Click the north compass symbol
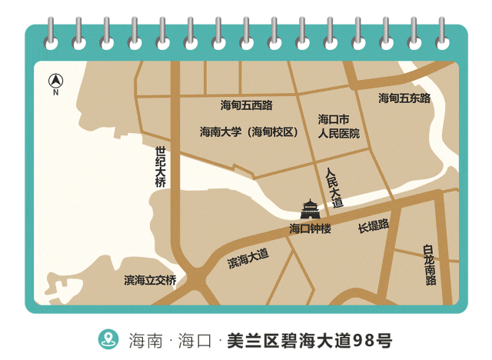[55, 80]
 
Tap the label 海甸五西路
[246, 105]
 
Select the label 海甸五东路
[404, 98]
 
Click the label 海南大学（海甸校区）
[249, 132]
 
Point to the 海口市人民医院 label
[338, 126]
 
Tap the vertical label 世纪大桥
[160, 167]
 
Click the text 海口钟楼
[310, 228]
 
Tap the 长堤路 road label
[374, 226]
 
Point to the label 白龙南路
[430, 265]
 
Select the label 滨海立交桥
[150, 280]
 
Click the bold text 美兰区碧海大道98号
[309, 339]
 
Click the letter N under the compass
[55, 93]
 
